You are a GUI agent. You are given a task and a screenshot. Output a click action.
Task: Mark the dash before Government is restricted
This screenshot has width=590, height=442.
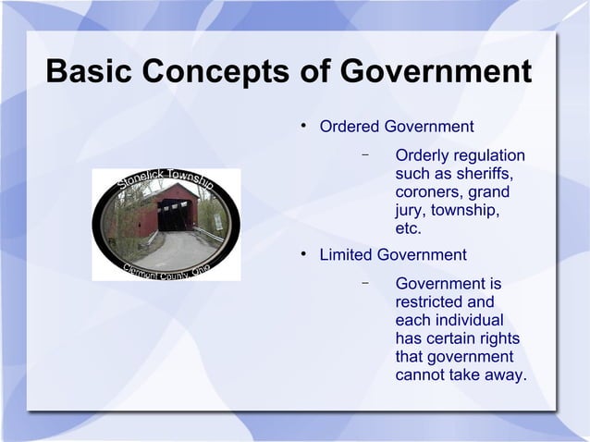tap(366, 282)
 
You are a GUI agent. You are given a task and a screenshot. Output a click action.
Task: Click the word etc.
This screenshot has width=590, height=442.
tap(408, 229)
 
